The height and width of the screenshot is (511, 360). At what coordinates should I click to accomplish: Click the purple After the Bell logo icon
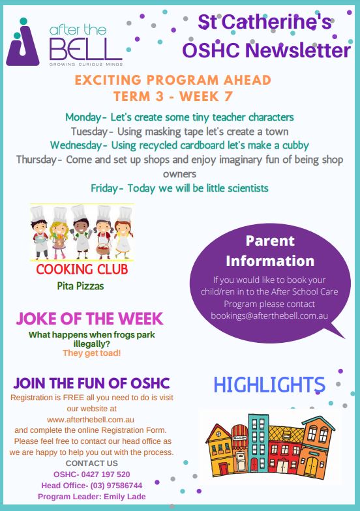pyautogui.click(x=22, y=42)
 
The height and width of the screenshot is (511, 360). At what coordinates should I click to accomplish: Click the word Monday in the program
pyautogui.click(x=83, y=117)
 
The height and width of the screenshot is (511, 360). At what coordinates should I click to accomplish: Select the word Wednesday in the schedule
pyautogui.click(x=76, y=145)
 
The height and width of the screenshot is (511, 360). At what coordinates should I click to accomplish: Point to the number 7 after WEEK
pyautogui.click(x=228, y=96)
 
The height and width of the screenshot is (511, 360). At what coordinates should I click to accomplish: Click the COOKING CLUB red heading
pyautogui.click(x=82, y=270)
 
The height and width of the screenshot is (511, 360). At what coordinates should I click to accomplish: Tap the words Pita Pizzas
pyautogui.click(x=81, y=286)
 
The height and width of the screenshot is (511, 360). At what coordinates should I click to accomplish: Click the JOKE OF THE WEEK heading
pyautogui.click(x=90, y=319)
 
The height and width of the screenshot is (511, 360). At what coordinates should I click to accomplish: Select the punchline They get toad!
pyautogui.click(x=91, y=353)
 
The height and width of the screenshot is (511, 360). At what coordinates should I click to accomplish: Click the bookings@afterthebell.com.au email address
pyautogui.click(x=269, y=315)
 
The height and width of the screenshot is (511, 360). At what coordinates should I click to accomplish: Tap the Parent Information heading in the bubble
pyautogui.click(x=270, y=251)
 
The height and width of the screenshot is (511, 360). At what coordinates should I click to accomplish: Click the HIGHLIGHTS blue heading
pyautogui.click(x=269, y=385)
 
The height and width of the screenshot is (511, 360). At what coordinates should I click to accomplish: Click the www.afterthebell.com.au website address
pyautogui.click(x=91, y=420)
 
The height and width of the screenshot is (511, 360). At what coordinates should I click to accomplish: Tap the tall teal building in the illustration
pyautogui.click(x=258, y=443)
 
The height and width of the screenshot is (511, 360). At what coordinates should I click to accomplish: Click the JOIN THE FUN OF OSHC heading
pyautogui.click(x=91, y=383)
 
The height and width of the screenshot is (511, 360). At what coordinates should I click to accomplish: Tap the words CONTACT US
pyautogui.click(x=91, y=463)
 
